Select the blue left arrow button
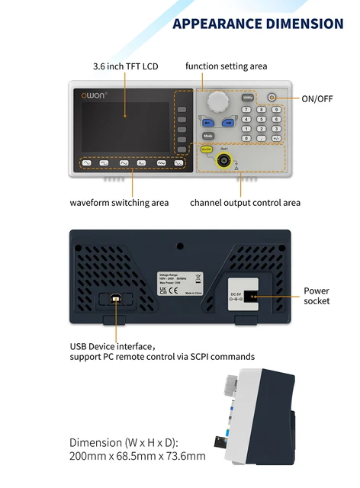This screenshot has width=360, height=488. (207, 122)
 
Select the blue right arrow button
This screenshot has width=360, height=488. (227, 122)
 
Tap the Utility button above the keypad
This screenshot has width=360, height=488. (248, 98)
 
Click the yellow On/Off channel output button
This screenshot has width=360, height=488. (205, 150)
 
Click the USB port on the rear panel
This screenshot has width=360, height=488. (117, 300)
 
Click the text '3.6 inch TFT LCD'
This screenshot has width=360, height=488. (125, 66)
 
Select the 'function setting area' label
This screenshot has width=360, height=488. (226, 66)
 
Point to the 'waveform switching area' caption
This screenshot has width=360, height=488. (119, 203)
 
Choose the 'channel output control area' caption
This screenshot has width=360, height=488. (245, 203)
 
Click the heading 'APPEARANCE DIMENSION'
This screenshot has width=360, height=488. (258, 24)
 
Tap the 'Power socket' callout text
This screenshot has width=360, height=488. (317, 296)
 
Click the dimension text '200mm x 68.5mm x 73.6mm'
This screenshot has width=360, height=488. (137, 456)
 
